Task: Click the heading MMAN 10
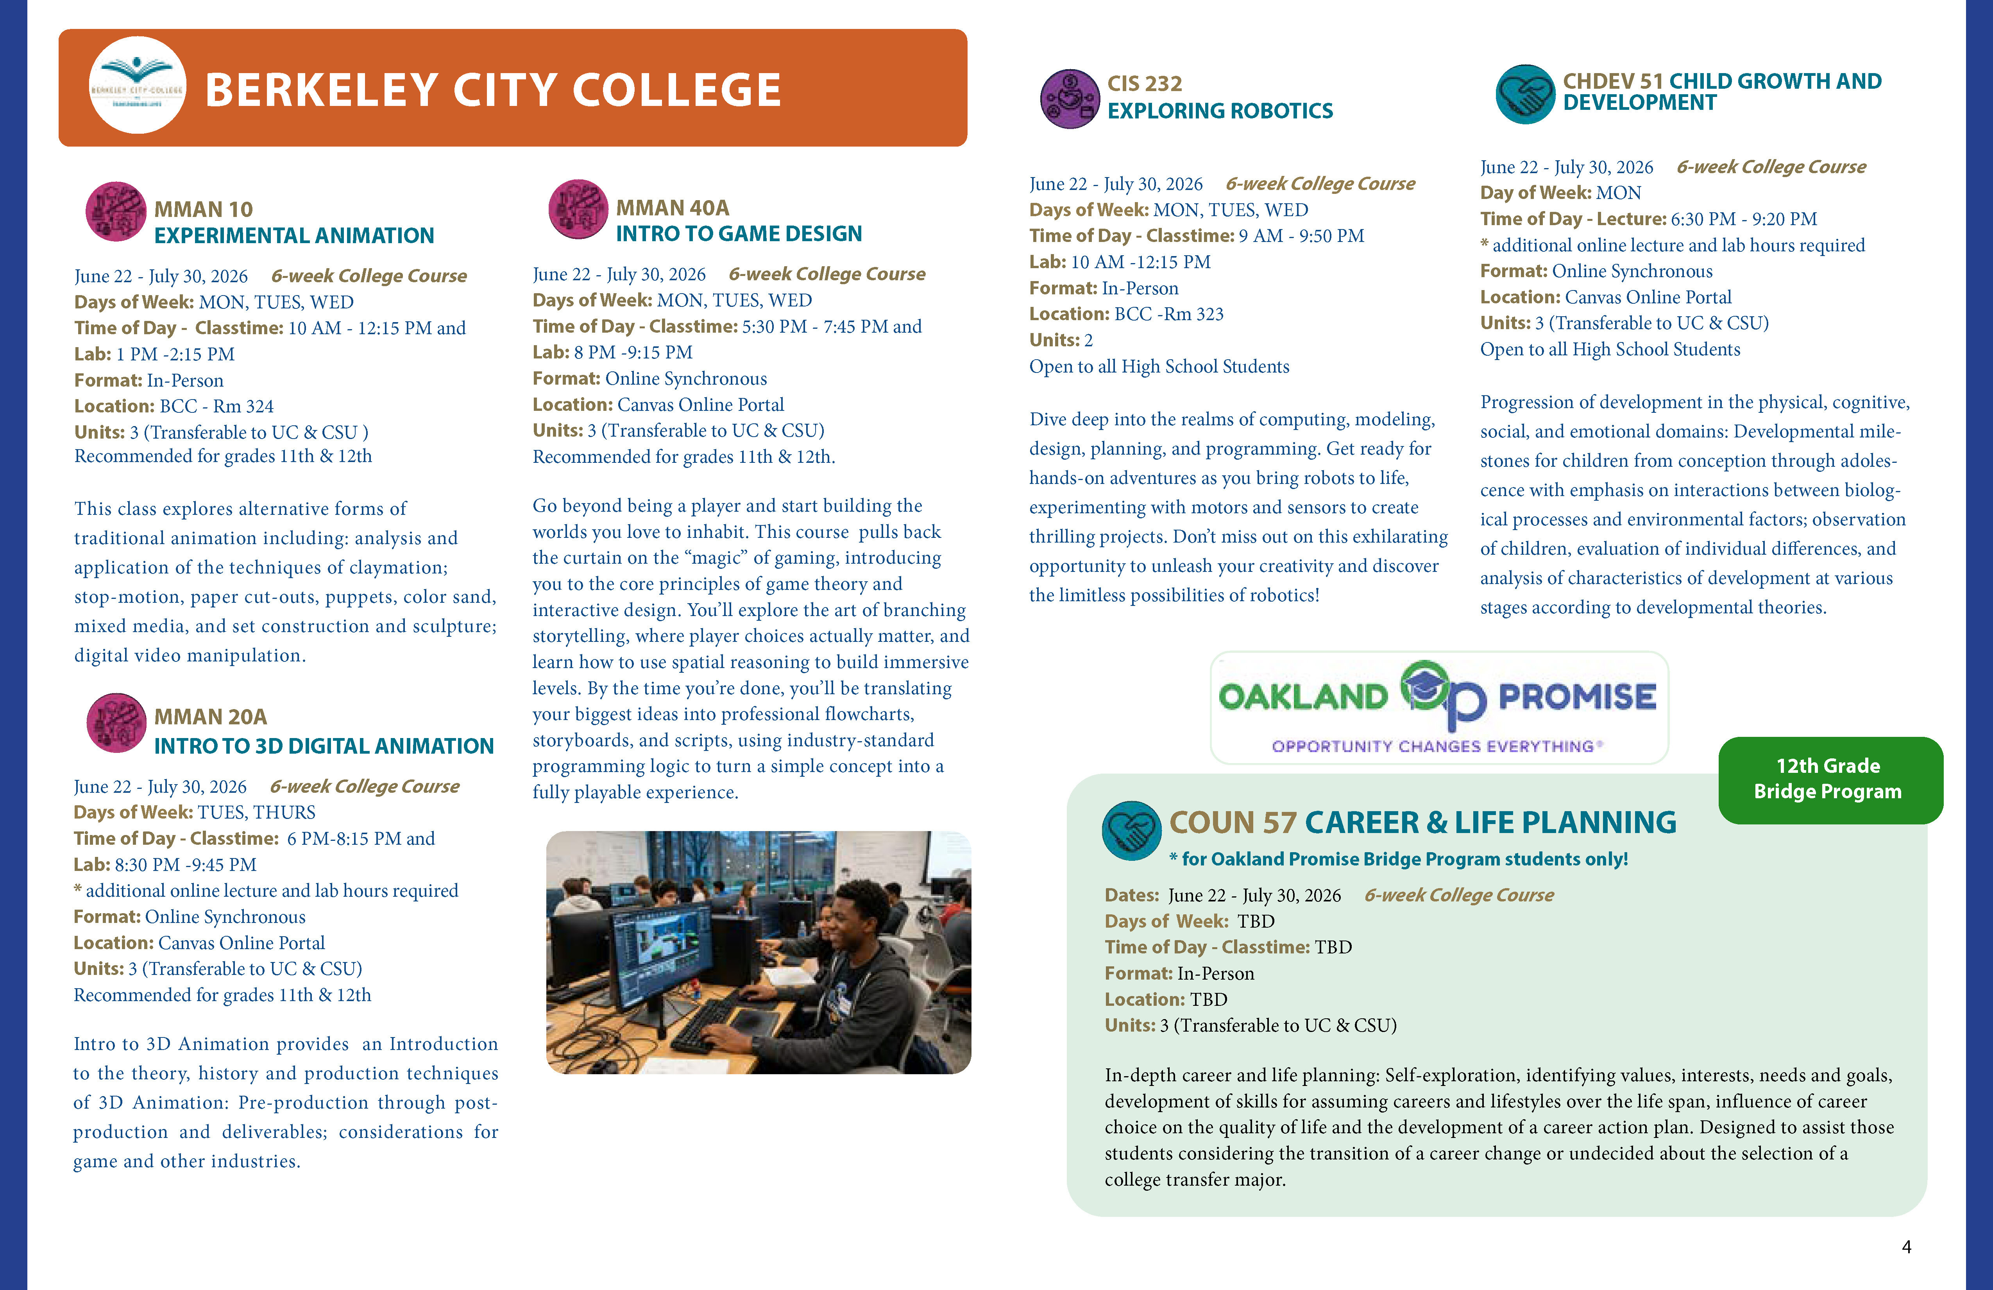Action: pos(204,210)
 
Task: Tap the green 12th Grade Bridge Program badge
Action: pos(1830,779)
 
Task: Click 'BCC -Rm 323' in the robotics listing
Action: pos(1169,314)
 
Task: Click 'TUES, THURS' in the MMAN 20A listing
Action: pos(256,813)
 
